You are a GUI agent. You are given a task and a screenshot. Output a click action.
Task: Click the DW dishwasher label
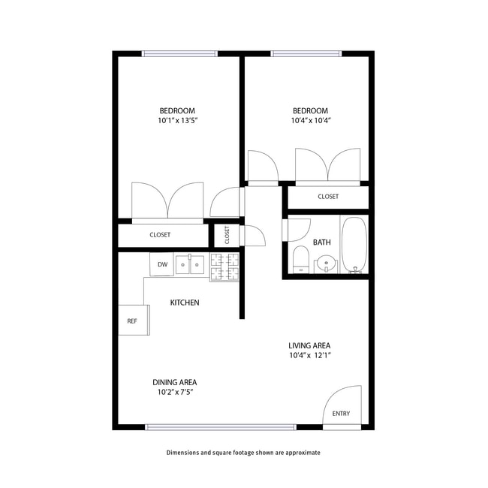(162, 264)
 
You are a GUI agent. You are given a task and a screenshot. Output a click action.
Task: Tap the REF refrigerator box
(132, 321)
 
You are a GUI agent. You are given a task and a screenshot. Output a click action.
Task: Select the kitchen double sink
(190, 264)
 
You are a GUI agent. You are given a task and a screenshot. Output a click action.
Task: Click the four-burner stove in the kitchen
(224, 267)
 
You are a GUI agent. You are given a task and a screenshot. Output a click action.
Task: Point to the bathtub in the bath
(354, 246)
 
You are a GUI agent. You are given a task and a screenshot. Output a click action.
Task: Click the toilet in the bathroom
(300, 258)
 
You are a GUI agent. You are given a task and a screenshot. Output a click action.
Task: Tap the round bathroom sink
(326, 264)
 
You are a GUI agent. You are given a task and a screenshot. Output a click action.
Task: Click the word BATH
(322, 242)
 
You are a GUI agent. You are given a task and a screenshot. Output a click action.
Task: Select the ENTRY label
(341, 414)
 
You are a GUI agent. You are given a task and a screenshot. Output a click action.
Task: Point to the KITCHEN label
(185, 303)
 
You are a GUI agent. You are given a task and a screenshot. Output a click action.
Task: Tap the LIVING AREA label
(310, 345)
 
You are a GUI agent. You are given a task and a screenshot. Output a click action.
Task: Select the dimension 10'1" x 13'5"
(177, 120)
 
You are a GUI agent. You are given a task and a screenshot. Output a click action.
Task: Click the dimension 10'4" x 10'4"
(311, 120)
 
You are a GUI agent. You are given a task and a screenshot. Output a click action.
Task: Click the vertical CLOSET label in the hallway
(227, 235)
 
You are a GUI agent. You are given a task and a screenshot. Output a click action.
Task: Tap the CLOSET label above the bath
(328, 197)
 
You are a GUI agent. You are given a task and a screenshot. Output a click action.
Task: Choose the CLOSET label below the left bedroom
(160, 235)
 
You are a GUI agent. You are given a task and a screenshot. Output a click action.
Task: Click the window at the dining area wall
(221, 427)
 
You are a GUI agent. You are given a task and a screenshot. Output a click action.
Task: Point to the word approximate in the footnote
(301, 453)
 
